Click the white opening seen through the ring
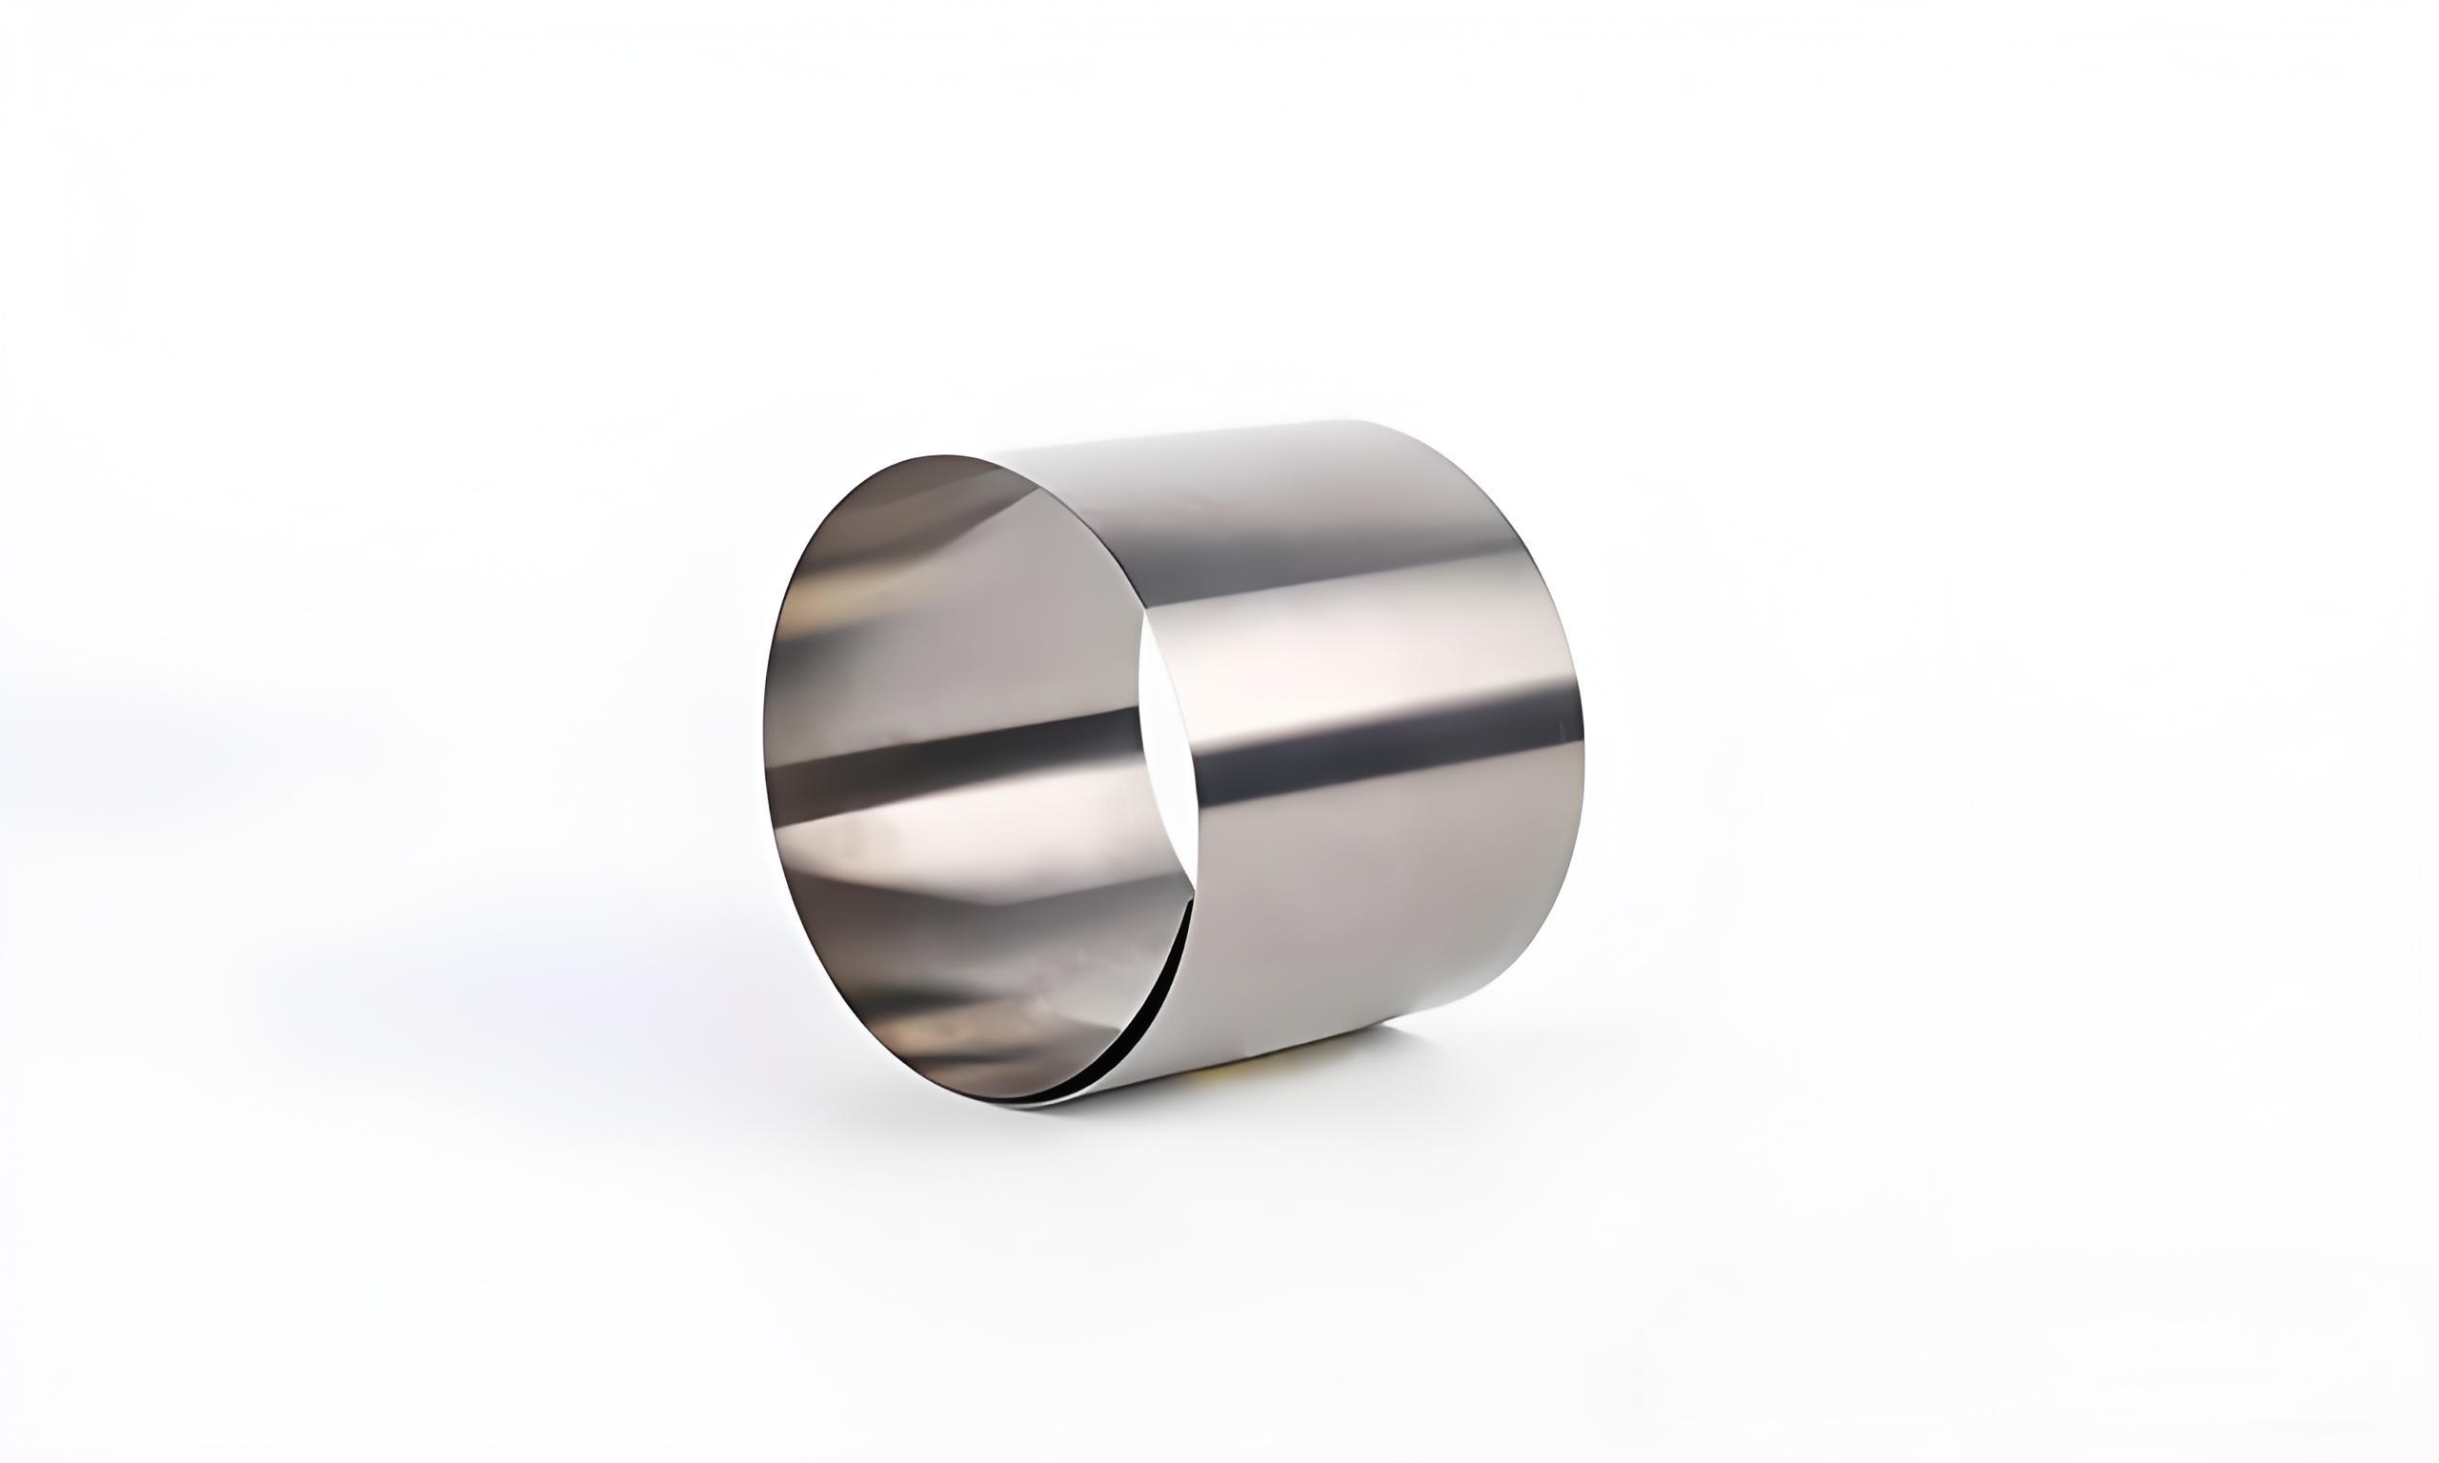coord(1163,750)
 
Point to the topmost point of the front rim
coord(946,455)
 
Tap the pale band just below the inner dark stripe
coord(946,818)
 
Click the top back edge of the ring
coord(1281,426)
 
